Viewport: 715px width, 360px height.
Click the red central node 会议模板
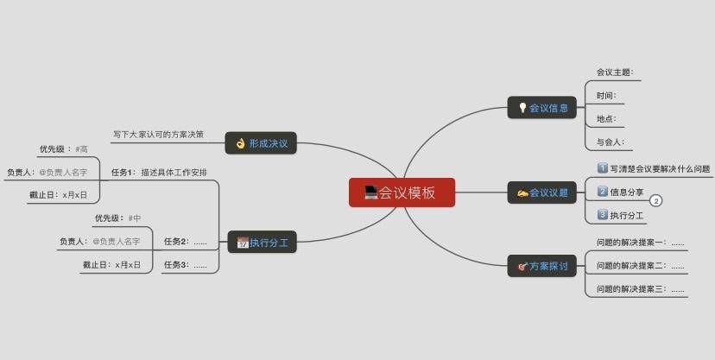point(402,193)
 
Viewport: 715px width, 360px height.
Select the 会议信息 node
point(541,108)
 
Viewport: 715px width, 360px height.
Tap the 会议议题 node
point(541,193)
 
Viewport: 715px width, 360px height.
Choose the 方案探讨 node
point(541,267)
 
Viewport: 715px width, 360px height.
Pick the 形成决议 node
point(261,143)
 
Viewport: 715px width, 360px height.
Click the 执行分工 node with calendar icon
point(261,243)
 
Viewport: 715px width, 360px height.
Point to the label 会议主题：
point(616,73)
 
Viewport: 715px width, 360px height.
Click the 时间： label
point(606,96)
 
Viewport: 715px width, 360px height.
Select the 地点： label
point(606,118)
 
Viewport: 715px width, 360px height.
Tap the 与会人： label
point(610,142)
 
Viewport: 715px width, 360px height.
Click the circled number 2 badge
point(655,201)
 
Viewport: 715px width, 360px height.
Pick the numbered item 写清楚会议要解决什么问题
point(654,169)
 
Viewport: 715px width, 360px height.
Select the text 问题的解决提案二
point(640,266)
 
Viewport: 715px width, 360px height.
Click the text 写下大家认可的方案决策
point(158,135)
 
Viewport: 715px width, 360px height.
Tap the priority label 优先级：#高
point(63,149)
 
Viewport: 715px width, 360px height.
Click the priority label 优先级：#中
point(117,218)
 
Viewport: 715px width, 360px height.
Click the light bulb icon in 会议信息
point(522,108)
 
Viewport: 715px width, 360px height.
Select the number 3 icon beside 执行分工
point(603,215)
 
